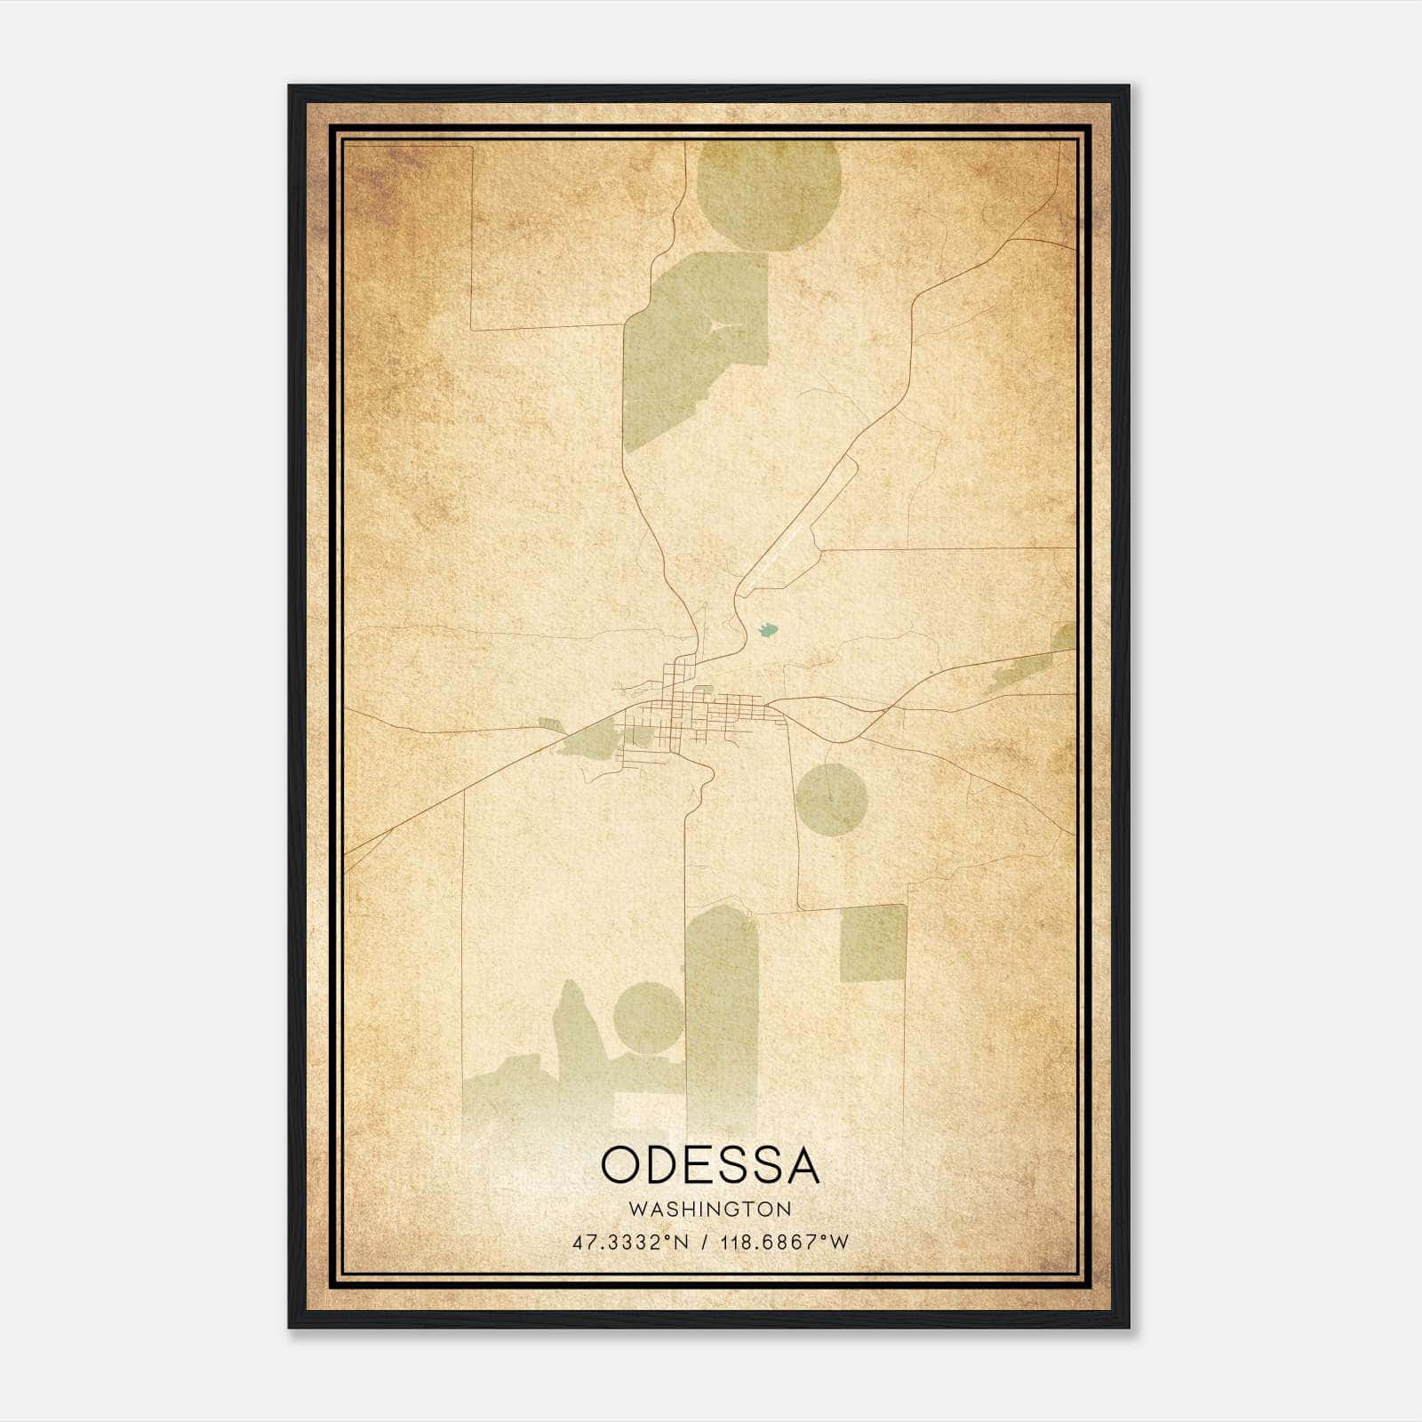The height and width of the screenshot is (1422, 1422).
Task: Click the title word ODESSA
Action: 710,1165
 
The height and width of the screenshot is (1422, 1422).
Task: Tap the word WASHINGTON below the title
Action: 710,1209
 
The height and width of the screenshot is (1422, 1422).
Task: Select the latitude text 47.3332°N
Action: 631,1242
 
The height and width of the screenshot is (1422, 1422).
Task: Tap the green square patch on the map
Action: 873,943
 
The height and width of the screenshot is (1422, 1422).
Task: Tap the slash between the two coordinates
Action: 704,1242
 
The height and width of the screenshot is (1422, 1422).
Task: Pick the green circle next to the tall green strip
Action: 649,1016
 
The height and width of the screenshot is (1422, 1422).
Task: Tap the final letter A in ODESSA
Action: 801,1165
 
